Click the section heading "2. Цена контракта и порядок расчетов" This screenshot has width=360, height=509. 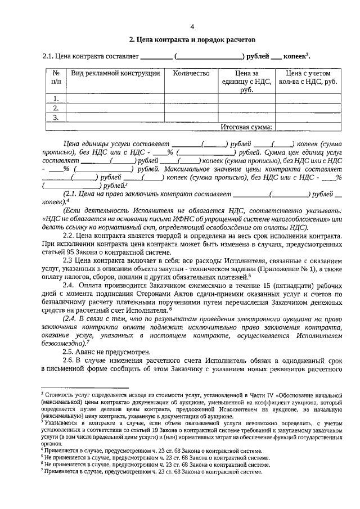coord(192,40)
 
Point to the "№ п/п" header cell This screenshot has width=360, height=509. coord(56,77)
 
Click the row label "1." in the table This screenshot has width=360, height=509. coord(56,98)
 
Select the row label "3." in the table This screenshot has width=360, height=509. coord(56,118)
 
